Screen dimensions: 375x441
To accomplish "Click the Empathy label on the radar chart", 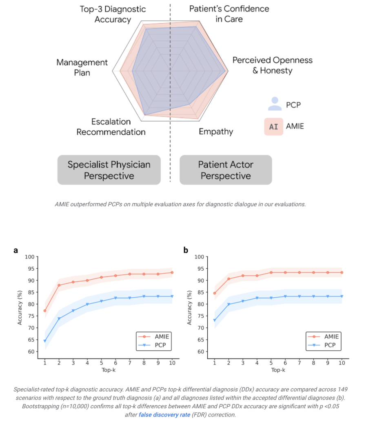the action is pyautogui.click(x=216, y=131).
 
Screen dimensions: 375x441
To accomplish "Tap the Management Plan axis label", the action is pyautogui.click(x=82, y=67).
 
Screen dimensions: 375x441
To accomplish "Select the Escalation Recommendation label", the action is pyautogui.click(x=111, y=127).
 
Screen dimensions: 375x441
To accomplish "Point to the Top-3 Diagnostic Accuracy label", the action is pyautogui.click(x=113, y=14).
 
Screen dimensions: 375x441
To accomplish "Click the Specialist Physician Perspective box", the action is pyautogui.click(x=109, y=170).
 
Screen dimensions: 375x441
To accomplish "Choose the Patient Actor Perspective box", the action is pyautogui.click(x=226, y=170).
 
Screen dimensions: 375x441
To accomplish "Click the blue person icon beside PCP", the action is pyautogui.click(x=275, y=104).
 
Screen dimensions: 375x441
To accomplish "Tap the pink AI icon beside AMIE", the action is pyautogui.click(x=273, y=127).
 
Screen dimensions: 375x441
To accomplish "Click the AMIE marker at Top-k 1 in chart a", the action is pyautogui.click(x=45, y=311).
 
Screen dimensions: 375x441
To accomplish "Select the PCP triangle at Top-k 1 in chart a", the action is pyautogui.click(x=45, y=341).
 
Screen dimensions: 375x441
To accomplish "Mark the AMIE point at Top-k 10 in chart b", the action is pyautogui.click(x=342, y=272).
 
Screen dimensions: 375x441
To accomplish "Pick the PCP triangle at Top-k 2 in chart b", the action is pyautogui.click(x=229, y=304).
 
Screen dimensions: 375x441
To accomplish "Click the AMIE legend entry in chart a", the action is pyautogui.click(x=154, y=336).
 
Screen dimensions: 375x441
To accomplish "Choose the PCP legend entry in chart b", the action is pyautogui.click(x=323, y=345).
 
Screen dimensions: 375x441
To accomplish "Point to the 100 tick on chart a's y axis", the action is pyautogui.click(x=29, y=257).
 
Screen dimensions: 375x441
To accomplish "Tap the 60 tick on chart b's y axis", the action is pyautogui.click(x=201, y=352).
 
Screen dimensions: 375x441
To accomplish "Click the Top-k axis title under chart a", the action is pyautogui.click(x=109, y=370).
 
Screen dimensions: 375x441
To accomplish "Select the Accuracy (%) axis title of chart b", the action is pyautogui.click(x=189, y=308).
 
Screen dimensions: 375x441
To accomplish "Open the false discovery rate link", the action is pyautogui.click(x=164, y=415).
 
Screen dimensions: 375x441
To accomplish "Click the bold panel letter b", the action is pyautogui.click(x=186, y=250).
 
